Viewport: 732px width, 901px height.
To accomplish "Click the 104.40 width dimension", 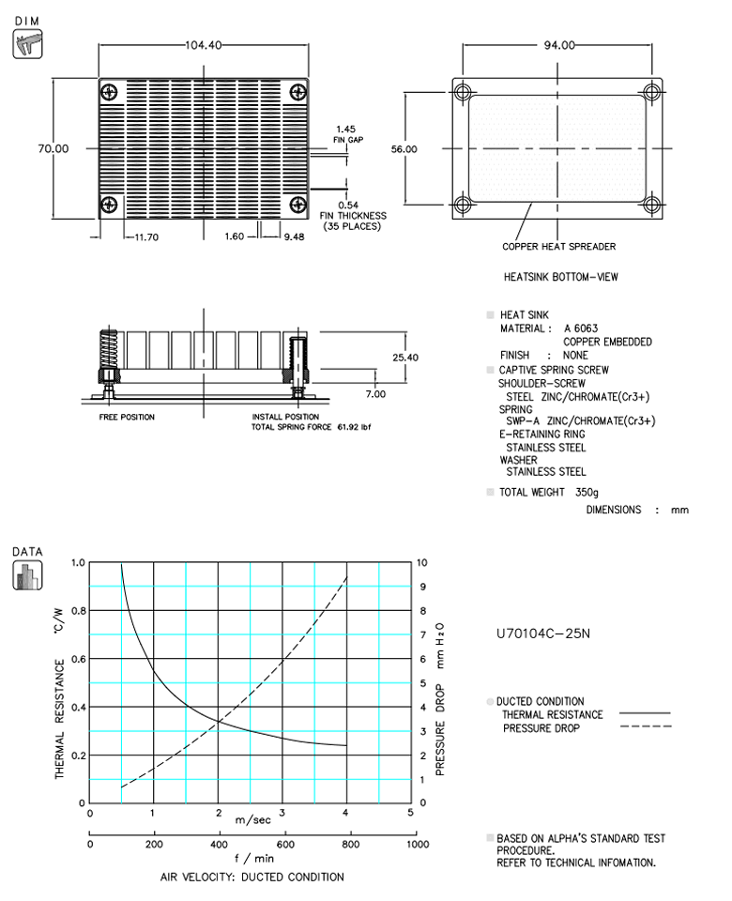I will [204, 46].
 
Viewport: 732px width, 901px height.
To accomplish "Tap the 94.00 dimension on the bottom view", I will [558, 46].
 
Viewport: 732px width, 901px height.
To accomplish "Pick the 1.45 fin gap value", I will [343, 129].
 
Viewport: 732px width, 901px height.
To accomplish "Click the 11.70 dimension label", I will [145, 237].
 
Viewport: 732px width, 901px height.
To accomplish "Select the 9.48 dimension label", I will [295, 237].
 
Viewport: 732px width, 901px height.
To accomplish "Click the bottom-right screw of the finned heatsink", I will [297, 204].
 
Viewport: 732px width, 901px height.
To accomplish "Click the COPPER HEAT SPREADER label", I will [559, 247].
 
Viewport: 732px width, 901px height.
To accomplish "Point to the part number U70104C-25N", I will [541, 634].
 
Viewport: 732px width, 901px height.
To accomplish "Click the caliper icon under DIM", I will [27, 44].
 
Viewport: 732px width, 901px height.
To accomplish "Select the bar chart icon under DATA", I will [27, 575].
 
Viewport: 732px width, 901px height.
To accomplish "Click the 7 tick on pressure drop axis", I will [423, 634].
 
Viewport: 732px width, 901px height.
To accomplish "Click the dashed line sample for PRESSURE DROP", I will [645, 727].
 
